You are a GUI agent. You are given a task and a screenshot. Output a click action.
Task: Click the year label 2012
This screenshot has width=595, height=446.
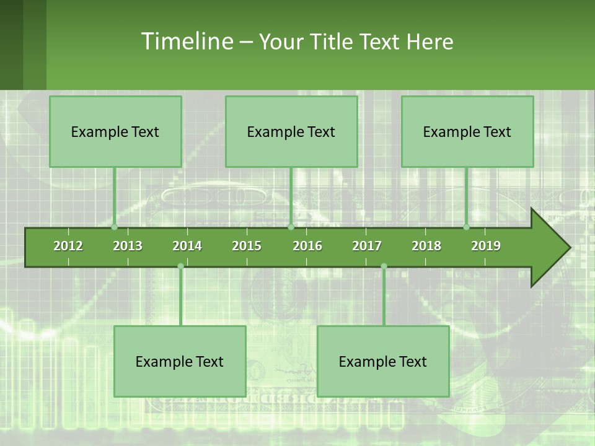[x=68, y=246]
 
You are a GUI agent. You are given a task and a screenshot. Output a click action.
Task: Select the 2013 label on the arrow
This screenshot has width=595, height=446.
[x=128, y=246]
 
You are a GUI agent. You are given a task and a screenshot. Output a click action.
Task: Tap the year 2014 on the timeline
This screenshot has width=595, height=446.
[x=187, y=246]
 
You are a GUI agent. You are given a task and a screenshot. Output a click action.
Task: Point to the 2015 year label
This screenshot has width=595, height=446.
[x=247, y=246]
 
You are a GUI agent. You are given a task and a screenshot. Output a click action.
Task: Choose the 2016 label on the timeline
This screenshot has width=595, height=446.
[x=307, y=246]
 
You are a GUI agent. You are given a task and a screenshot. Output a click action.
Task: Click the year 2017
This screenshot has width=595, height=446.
[x=367, y=246]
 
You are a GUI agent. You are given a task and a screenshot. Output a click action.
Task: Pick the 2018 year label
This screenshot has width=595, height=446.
[x=426, y=246]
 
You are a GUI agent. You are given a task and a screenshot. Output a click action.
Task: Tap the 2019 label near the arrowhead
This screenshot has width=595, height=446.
[x=486, y=246]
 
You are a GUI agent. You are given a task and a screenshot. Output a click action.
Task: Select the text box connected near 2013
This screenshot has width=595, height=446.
[x=115, y=131]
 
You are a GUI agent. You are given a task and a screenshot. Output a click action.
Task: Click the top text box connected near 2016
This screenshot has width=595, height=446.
[x=291, y=131]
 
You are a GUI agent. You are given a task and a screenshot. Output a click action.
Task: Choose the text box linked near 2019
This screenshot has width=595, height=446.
[x=467, y=131]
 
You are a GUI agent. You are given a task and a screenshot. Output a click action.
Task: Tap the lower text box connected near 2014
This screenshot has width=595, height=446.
[x=180, y=361]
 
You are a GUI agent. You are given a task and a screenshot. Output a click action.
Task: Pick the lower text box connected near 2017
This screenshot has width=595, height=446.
[x=383, y=361]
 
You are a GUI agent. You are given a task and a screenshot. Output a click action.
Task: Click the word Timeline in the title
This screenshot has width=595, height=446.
[x=187, y=42]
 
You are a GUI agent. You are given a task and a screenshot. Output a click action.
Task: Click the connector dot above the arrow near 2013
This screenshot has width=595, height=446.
[x=115, y=227]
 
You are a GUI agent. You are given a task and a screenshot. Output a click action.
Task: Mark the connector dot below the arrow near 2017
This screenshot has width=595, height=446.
[x=384, y=266]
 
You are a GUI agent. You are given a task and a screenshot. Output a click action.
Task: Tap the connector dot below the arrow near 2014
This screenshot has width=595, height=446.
[x=180, y=266]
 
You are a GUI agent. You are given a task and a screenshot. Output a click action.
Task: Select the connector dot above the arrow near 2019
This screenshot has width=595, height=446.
[x=467, y=227]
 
